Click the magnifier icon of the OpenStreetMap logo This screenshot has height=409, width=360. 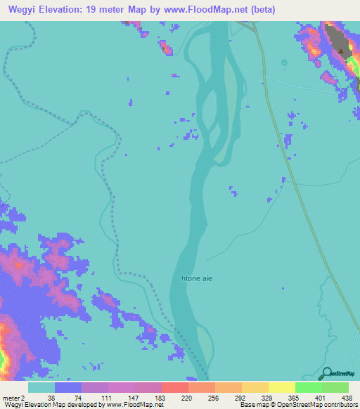pyautogui.click(x=328, y=373)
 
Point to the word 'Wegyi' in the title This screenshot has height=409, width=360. pyautogui.click(x=21, y=10)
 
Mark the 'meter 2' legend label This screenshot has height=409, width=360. pyautogui.click(x=14, y=397)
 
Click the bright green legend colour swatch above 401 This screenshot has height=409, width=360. pyautogui.click(x=308, y=387)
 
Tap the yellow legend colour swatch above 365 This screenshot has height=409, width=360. pyautogui.click(x=281, y=387)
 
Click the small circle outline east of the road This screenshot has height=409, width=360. pyautogui.click(x=284, y=63)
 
